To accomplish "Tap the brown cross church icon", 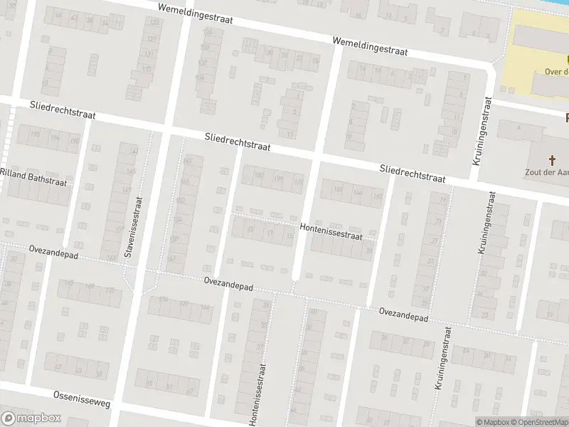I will click(553, 160).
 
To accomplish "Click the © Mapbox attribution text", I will click(493, 422).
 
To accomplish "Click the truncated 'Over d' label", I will click(555, 70).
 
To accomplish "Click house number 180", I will click(258, 174).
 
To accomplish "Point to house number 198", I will click(35, 133).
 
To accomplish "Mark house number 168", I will click(338, 189).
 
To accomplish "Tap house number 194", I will click(55, 137).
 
